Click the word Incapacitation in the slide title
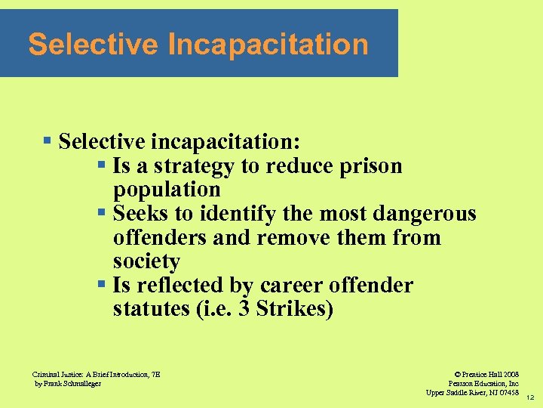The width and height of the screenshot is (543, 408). [x=268, y=45]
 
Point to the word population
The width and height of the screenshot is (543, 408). [x=167, y=189]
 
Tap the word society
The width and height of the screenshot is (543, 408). [x=146, y=261]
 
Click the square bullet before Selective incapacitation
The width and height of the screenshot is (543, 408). [x=47, y=141]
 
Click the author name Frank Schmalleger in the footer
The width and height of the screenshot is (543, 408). [x=72, y=383]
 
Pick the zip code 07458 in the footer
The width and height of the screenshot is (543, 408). [x=506, y=392]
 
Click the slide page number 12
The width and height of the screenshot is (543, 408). [x=531, y=397]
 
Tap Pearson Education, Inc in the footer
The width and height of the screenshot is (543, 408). [x=483, y=383]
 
